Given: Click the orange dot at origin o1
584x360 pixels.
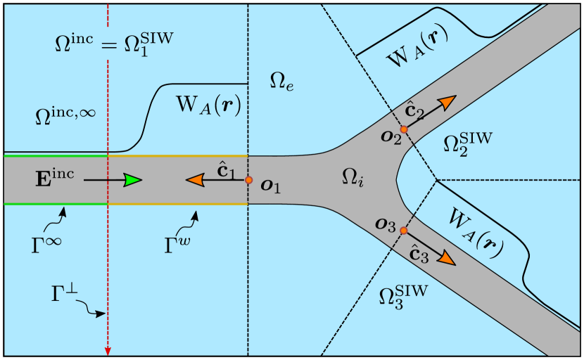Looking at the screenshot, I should pos(248,180).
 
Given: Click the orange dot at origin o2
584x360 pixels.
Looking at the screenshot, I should pos(404,129).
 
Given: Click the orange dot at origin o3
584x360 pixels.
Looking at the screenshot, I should pos(403,231).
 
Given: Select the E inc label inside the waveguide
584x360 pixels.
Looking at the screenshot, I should pos(56,176).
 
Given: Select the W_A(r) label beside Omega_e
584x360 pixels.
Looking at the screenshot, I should pos(208,105).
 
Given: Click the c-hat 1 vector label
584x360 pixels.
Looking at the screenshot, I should pos(224,169).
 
